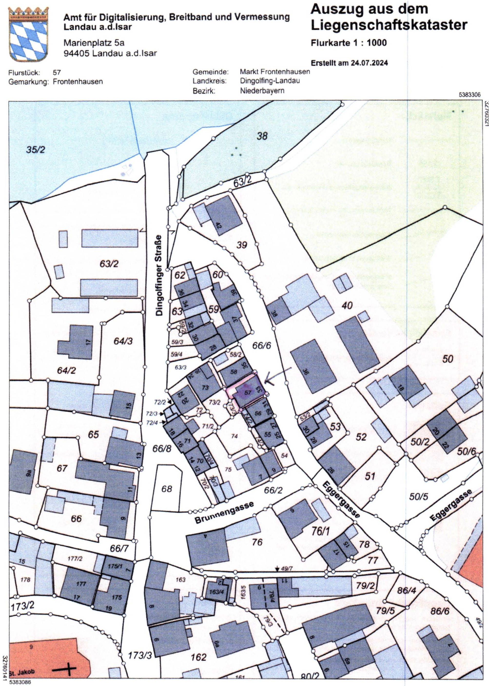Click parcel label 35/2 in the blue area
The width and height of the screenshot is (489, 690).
35,150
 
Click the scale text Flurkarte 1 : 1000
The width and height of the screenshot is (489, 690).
348,43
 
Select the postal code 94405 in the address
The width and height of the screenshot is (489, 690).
77,53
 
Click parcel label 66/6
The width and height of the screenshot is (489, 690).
262,345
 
